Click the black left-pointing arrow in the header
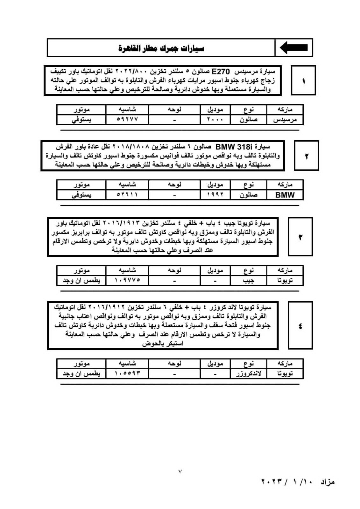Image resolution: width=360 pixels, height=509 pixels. (x=293, y=47)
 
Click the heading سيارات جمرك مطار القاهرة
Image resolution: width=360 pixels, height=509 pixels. (x=161, y=48)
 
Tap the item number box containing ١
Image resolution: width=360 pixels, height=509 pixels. (x=303, y=80)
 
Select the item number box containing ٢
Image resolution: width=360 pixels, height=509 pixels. (x=307, y=156)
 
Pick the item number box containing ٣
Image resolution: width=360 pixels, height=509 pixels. (x=300, y=237)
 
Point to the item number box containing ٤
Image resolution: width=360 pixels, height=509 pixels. (x=300, y=326)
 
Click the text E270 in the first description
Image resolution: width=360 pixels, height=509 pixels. (x=221, y=72)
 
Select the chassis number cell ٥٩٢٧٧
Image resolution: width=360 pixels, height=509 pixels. (x=127, y=120)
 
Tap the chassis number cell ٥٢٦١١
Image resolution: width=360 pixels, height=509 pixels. (x=127, y=195)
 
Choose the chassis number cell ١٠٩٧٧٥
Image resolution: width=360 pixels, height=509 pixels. (x=127, y=280)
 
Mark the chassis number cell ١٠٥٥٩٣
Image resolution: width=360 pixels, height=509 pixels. (x=127, y=373)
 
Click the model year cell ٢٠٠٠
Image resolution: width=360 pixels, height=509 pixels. (x=215, y=120)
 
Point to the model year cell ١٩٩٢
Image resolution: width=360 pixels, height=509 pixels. (x=215, y=195)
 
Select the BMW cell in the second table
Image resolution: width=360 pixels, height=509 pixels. (x=285, y=195)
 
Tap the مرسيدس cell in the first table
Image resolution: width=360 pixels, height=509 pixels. (x=285, y=120)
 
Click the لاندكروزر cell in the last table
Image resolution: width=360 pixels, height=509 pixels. (x=248, y=373)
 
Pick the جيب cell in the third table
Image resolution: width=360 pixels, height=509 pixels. (x=248, y=280)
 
